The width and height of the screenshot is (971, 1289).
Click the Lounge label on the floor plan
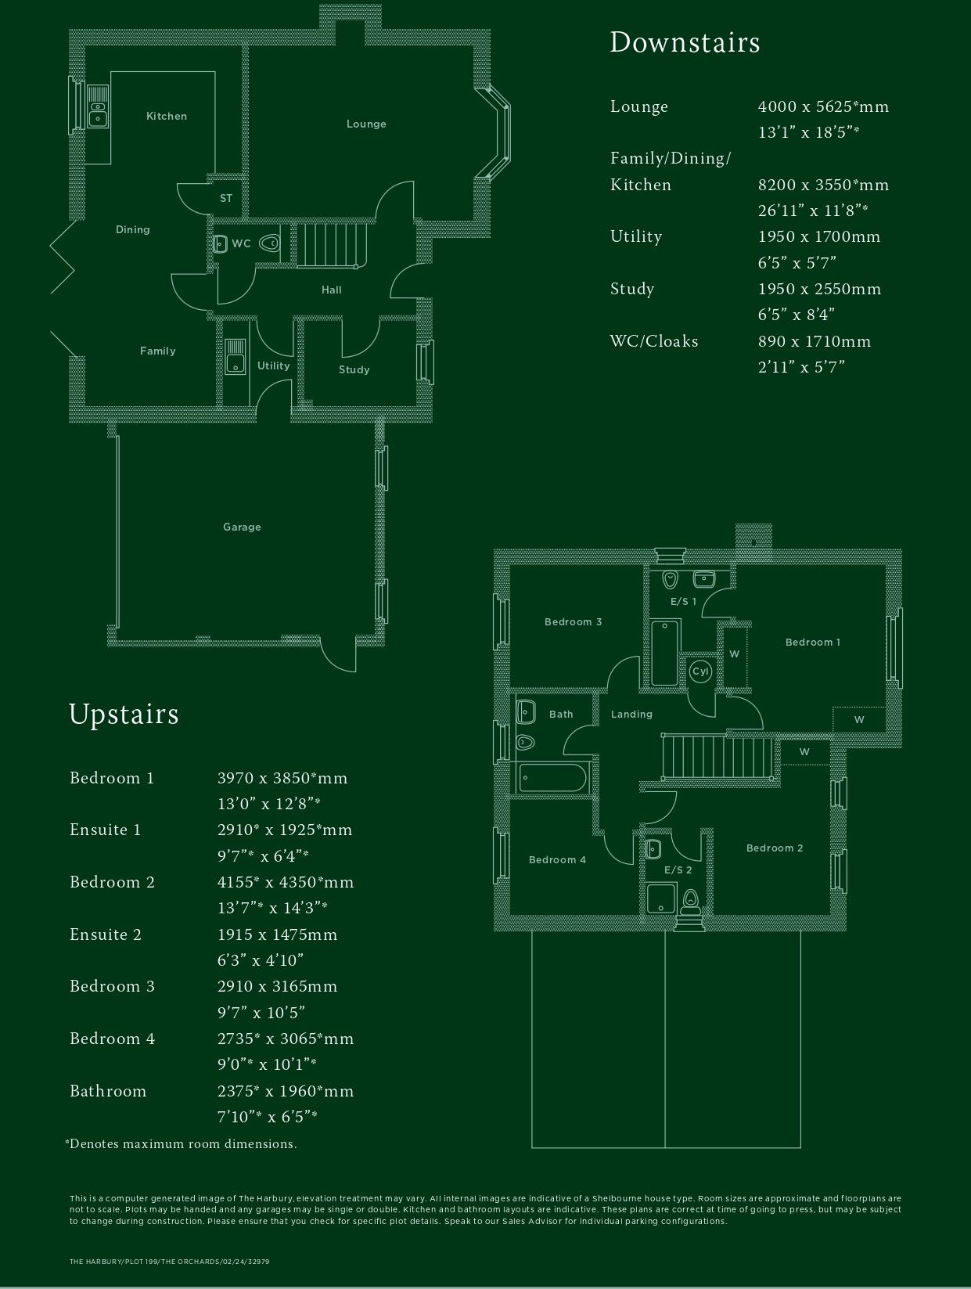366,124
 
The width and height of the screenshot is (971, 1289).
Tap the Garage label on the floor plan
242,527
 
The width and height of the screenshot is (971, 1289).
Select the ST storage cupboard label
226,198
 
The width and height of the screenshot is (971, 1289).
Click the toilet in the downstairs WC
270,243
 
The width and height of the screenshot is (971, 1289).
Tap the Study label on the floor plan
354,369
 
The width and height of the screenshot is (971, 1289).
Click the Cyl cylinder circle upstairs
700,671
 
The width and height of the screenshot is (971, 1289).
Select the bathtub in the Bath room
552,778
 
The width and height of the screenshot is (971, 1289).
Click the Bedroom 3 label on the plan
573,622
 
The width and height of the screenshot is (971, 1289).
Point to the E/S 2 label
678,870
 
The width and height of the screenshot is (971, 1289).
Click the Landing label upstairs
631,714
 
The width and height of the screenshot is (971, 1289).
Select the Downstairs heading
685,42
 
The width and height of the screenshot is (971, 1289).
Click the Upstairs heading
124,714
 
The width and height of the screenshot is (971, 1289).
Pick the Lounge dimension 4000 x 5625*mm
823,106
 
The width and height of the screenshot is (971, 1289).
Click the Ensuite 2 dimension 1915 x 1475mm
277,934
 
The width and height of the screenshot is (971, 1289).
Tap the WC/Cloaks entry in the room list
654,341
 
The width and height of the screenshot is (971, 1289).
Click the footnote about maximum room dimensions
181,1143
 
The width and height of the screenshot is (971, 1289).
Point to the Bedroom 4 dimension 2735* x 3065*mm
286,1039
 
